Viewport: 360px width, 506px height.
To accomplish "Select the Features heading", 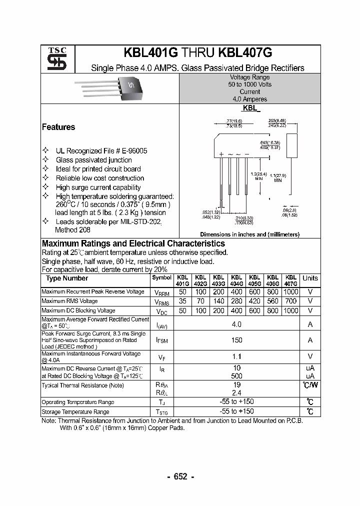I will [58, 127].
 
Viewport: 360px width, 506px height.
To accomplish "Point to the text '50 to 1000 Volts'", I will [249, 84].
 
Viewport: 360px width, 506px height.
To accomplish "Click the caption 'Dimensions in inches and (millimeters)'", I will [249, 234].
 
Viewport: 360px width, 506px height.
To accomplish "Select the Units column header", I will [310, 278].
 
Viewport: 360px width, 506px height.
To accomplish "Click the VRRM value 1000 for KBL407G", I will [290, 291].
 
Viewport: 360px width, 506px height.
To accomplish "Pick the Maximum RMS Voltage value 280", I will [236, 301].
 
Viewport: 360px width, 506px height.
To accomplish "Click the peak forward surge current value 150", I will [236, 340].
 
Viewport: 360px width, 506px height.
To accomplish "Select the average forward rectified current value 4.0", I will [236, 324].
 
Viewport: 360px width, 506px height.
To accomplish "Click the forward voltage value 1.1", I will [236, 356].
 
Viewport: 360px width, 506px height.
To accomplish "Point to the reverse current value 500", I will [236, 375].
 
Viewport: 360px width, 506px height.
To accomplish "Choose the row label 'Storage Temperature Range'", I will [75, 412].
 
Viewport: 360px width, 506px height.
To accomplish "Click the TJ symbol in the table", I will [161, 402].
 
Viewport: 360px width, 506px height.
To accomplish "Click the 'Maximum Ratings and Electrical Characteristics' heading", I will [133, 243].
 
